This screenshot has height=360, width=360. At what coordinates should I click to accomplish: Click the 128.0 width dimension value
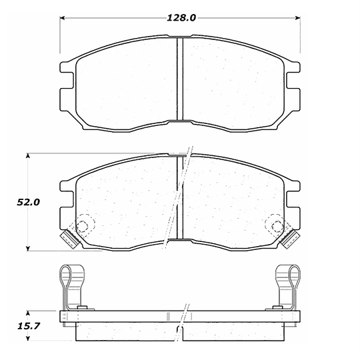pyautogui.click(x=181, y=18)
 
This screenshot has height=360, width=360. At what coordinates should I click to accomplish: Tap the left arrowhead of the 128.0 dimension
pyautogui.click(x=64, y=18)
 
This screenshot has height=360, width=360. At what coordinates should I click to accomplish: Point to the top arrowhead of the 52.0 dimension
pyautogui.click(x=28, y=157)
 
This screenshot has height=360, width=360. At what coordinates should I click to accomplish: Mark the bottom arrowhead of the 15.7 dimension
pyautogui.click(x=28, y=337)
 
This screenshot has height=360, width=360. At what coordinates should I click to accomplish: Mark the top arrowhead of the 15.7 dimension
pyautogui.click(x=28, y=313)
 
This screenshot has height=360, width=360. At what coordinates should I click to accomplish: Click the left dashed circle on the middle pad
pyautogui.click(x=85, y=227)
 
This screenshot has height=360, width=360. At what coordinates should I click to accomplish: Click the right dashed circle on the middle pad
pyautogui.click(x=275, y=227)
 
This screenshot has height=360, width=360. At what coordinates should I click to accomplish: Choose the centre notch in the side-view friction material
pyautogui.click(x=180, y=331)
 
